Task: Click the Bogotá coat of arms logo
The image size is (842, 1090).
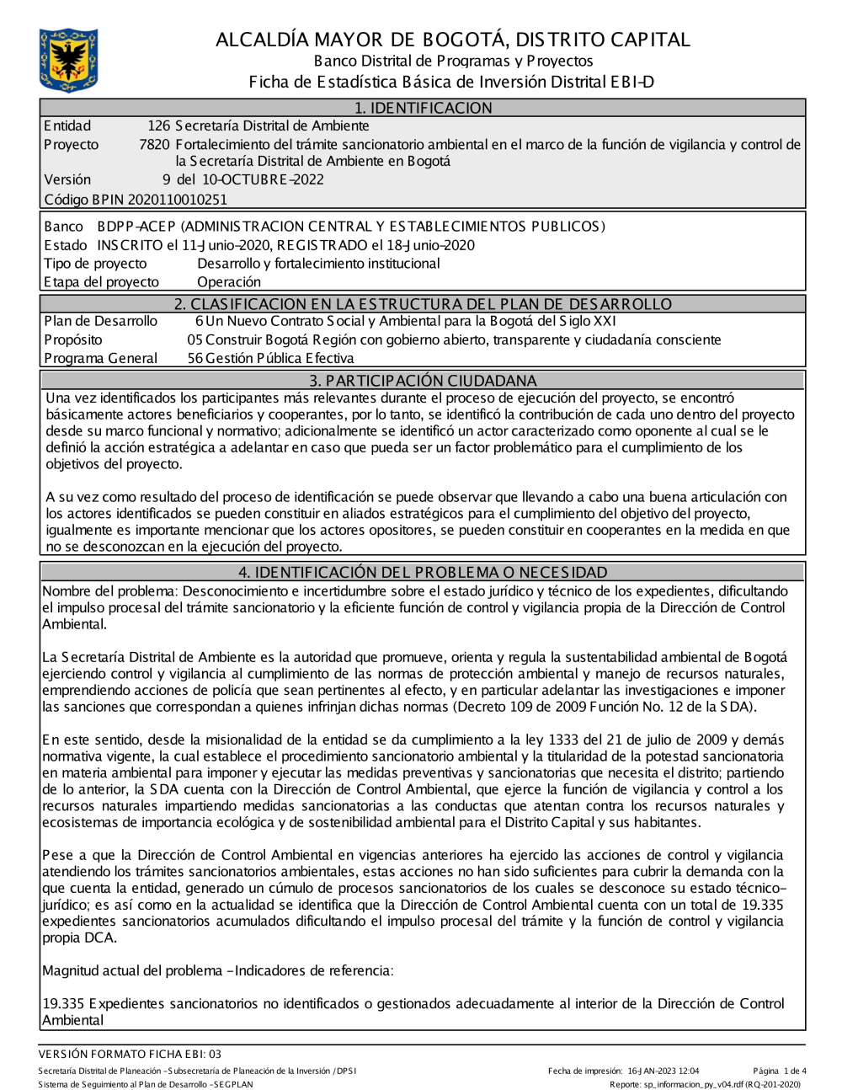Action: point(68,59)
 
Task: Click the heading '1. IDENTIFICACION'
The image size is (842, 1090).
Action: point(423,108)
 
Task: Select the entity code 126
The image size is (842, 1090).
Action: point(158,126)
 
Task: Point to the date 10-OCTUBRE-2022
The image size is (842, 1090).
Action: point(252,179)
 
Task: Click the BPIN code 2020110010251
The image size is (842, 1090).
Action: point(177,200)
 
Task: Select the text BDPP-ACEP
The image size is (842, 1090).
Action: point(136,227)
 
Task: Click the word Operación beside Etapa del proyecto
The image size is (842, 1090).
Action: point(229,282)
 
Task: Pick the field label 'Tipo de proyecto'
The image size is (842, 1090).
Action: point(95,264)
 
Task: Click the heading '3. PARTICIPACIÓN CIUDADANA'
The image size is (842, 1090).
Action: point(423,381)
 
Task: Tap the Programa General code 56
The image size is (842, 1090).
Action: point(195,358)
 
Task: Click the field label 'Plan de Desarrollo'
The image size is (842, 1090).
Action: point(100,321)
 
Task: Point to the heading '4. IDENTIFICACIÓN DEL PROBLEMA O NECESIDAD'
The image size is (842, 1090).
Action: point(423,572)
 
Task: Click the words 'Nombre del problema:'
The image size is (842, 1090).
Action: point(110,591)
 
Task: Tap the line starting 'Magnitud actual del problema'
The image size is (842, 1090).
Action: point(217,970)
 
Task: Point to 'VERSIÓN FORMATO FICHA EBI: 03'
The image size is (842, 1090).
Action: point(130,1054)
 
